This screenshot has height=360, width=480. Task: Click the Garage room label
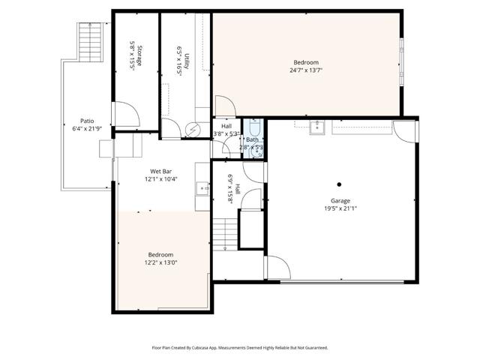[341, 201]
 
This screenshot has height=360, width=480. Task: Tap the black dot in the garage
[340, 184]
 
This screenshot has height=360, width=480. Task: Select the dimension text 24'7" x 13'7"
[305, 70]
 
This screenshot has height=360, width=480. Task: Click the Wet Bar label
[161, 171]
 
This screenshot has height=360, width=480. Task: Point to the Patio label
[87, 120]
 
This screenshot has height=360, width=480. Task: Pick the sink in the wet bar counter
[202, 187]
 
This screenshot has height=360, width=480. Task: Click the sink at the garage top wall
[317, 125]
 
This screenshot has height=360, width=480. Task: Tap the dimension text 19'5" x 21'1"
[341, 209]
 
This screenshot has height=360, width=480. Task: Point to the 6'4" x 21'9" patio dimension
[87, 128]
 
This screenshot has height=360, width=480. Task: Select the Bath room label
[252, 139]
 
